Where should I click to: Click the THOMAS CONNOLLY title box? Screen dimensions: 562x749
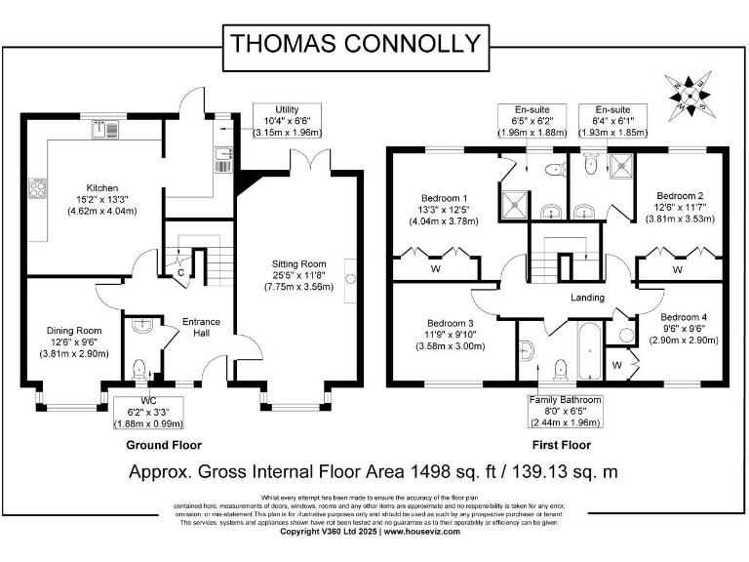coord(355,43)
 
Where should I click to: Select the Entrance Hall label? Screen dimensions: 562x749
coord(202,328)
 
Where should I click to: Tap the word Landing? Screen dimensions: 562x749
coord(588,298)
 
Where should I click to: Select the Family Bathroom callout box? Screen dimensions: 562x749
coord(565,411)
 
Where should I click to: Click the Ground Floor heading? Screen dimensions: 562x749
coord(164,444)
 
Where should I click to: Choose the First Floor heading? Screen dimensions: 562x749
coord(563,444)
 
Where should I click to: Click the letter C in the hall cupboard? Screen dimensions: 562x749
coord(180,272)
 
